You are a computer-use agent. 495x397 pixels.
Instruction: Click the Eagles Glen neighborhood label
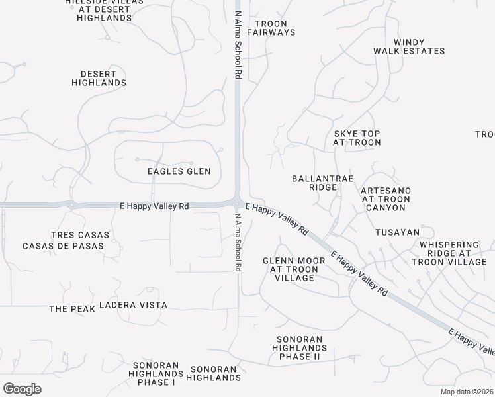click(x=179, y=171)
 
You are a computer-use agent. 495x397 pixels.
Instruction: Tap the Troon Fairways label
click(x=271, y=27)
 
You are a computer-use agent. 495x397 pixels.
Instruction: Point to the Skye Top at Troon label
click(x=357, y=138)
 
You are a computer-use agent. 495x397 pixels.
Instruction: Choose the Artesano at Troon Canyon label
click(x=386, y=199)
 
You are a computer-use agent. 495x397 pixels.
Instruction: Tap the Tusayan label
click(x=397, y=232)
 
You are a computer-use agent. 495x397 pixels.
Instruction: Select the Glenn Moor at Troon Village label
click(x=294, y=269)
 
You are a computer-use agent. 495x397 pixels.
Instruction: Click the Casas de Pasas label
click(x=63, y=246)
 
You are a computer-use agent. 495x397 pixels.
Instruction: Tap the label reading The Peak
click(x=68, y=309)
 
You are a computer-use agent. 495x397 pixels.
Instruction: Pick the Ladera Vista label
click(x=133, y=305)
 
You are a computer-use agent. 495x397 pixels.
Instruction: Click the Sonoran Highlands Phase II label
click(x=300, y=348)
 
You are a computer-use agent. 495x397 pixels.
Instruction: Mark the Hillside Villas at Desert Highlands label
click(x=104, y=10)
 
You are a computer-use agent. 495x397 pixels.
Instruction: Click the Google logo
click(x=22, y=389)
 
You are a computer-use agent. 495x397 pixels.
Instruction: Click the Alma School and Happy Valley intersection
click(x=237, y=202)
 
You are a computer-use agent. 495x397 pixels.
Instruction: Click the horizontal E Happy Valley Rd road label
click(x=154, y=206)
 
